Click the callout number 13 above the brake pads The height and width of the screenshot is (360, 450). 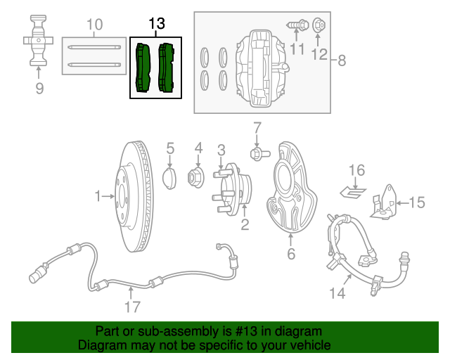[155, 24]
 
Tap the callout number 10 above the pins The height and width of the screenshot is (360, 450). [94, 25]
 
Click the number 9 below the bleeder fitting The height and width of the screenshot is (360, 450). [39, 88]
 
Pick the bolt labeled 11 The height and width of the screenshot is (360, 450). [296, 25]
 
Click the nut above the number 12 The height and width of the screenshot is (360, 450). [318, 25]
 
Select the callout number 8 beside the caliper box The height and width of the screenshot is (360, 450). [342, 60]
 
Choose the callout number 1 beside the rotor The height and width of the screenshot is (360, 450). [98, 197]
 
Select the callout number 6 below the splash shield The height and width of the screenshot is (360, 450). [291, 254]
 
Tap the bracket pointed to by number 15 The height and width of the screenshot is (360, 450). [384, 202]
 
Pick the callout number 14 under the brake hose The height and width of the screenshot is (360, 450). [338, 293]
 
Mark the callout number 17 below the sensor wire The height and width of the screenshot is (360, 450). [132, 307]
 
